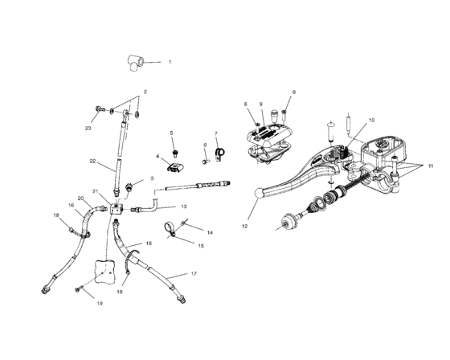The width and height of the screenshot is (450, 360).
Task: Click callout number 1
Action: (170, 62)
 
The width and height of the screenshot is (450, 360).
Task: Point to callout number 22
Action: (92, 161)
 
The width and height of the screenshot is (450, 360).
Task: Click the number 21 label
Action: (95, 191)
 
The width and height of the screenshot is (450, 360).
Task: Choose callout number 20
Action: (80, 198)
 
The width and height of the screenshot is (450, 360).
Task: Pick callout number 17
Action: (194, 274)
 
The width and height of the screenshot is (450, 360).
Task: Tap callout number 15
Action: (201, 246)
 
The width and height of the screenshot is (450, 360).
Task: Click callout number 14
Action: (199, 231)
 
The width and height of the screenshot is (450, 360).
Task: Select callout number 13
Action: (183, 207)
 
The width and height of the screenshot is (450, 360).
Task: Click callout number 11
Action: (431, 165)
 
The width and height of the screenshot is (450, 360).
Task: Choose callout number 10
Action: (372, 121)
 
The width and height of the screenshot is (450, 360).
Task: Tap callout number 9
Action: (260, 104)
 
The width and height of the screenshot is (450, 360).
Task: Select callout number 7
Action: (215, 133)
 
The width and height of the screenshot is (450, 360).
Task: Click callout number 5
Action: (172, 133)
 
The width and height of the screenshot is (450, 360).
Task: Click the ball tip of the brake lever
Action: (258, 192)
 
